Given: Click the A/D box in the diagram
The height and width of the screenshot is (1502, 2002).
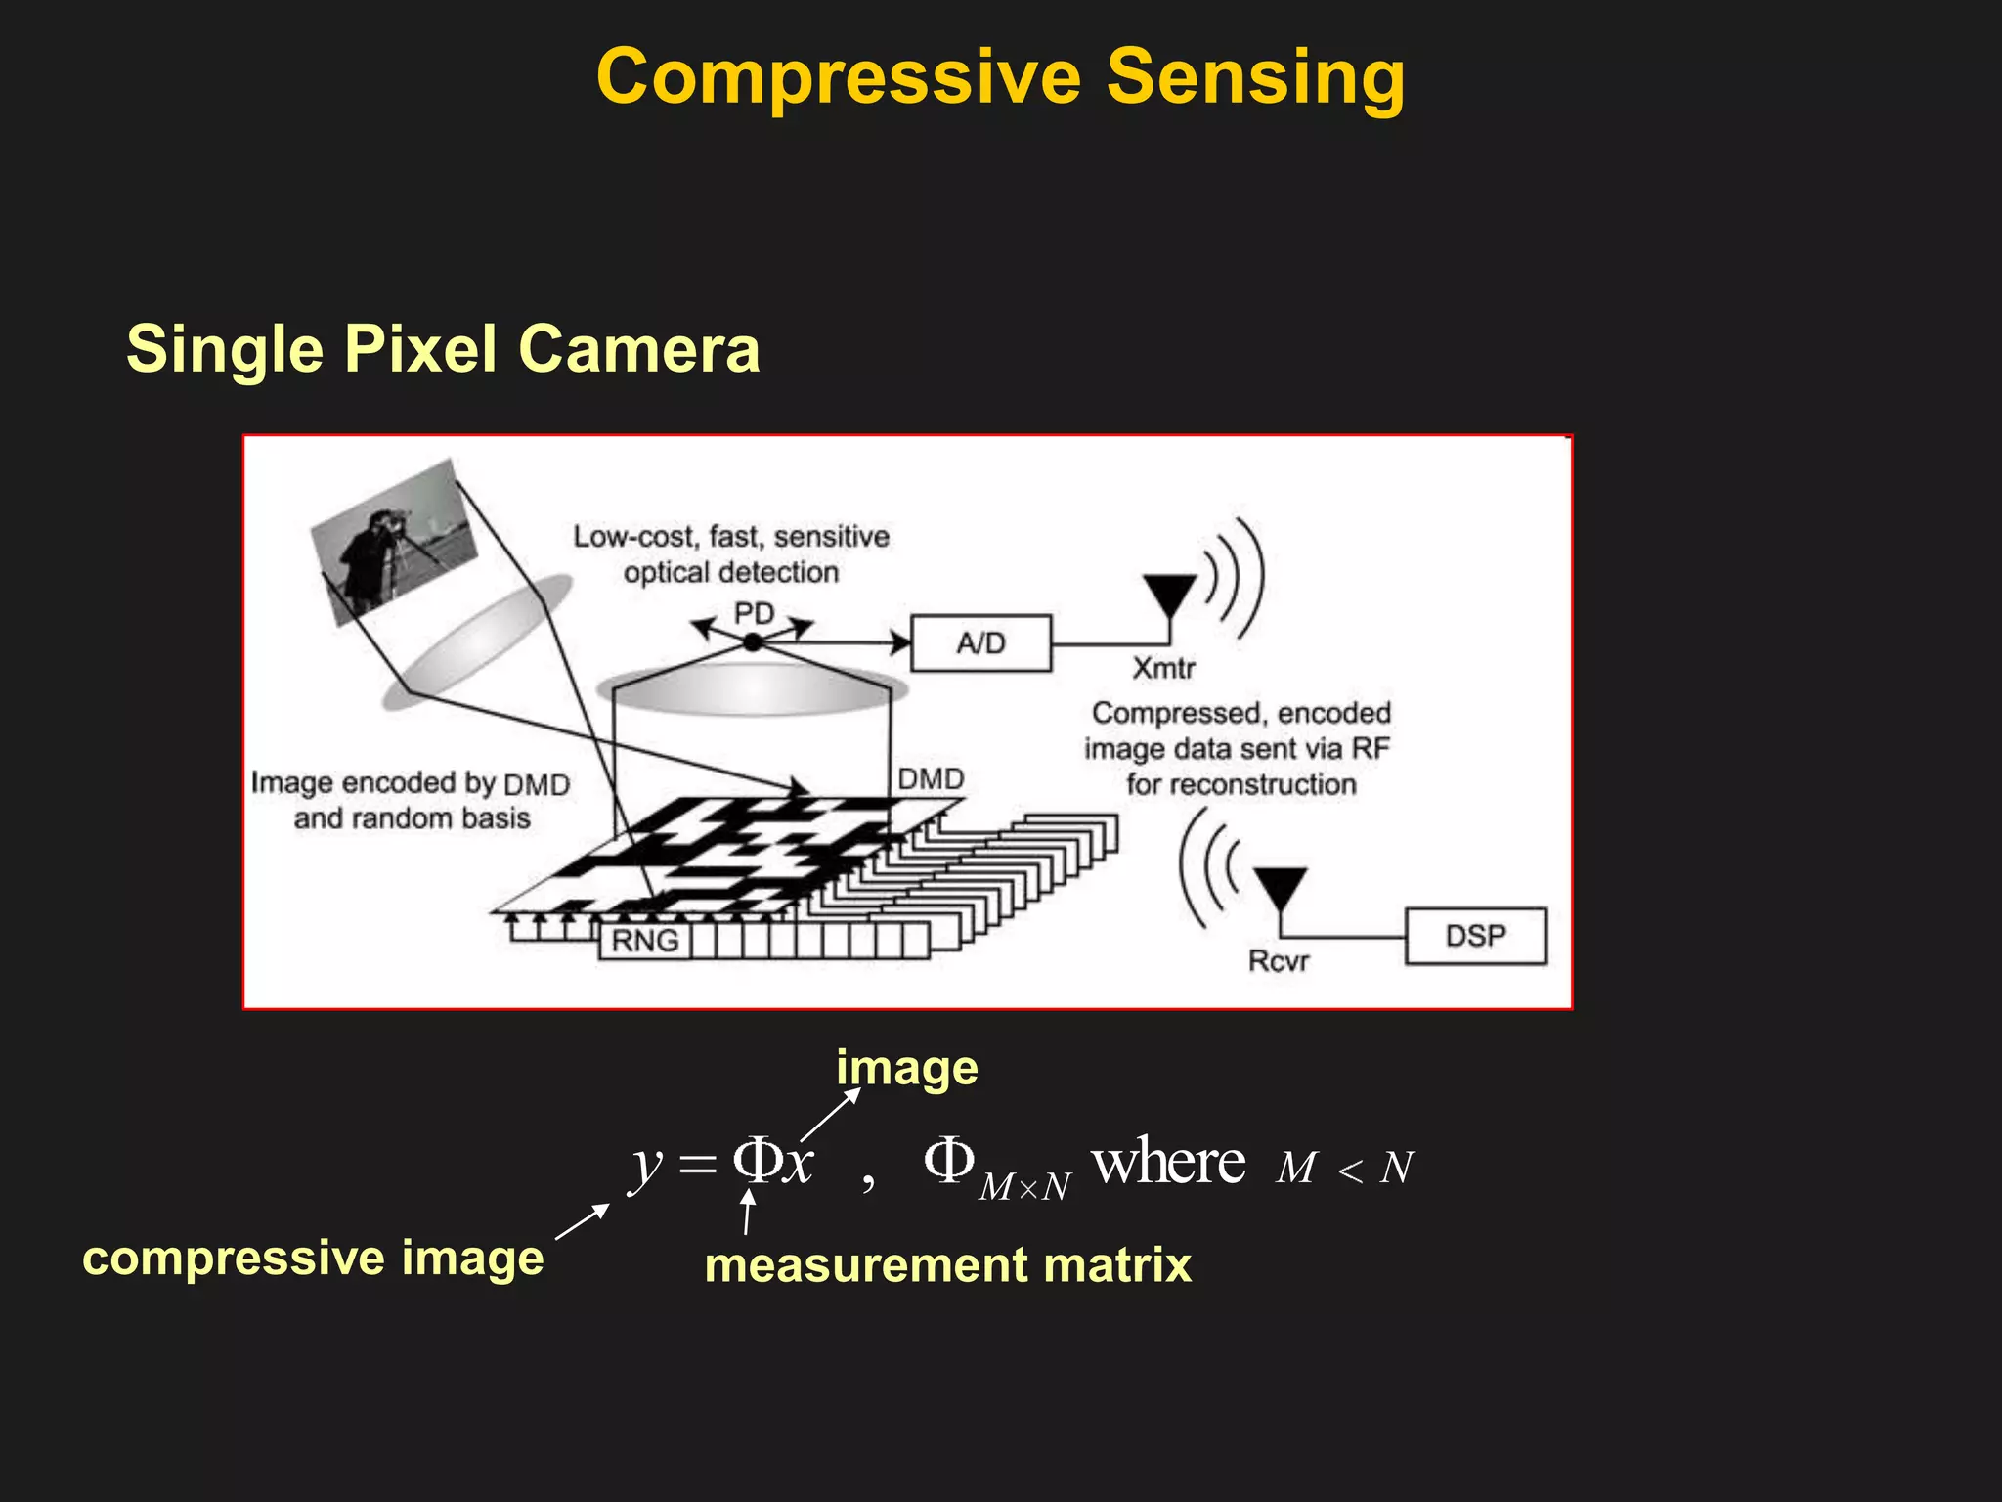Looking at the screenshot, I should pyautogui.click(x=980, y=643).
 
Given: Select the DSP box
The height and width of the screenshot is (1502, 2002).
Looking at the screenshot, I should pyautogui.click(x=1475, y=936).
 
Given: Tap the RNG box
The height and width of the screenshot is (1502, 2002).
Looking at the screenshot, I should pyautogui.click(x=644, y=941).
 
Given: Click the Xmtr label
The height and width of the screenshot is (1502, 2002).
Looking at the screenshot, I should pyautogui.click(x=1163, y=668).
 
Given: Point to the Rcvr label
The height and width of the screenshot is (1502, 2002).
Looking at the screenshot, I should pyautogui.click(x=1279, y=961).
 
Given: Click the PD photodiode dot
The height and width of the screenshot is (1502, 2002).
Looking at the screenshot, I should pyautogui.click(x=752, y=642).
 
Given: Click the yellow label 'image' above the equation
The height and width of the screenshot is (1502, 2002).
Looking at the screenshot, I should pyautogui.click(x=906, y=1069).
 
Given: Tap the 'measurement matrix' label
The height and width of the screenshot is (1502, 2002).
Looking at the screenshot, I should pyautogui.click(x=947, y=1265).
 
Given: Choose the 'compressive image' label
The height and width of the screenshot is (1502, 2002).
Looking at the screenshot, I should pyautogui.click(x=313, y=1259).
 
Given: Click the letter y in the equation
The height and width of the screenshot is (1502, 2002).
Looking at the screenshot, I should pyautogui.click(x=646, y=1168).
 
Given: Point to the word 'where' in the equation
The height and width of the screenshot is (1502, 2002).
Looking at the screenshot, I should pyautogui.click(x=1168, y=1163).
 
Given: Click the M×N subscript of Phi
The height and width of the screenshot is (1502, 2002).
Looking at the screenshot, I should pyautogui.click(x=1024, y=1187).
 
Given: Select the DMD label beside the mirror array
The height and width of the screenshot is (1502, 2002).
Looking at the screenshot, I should pyautogui.click(x=931, y=779).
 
